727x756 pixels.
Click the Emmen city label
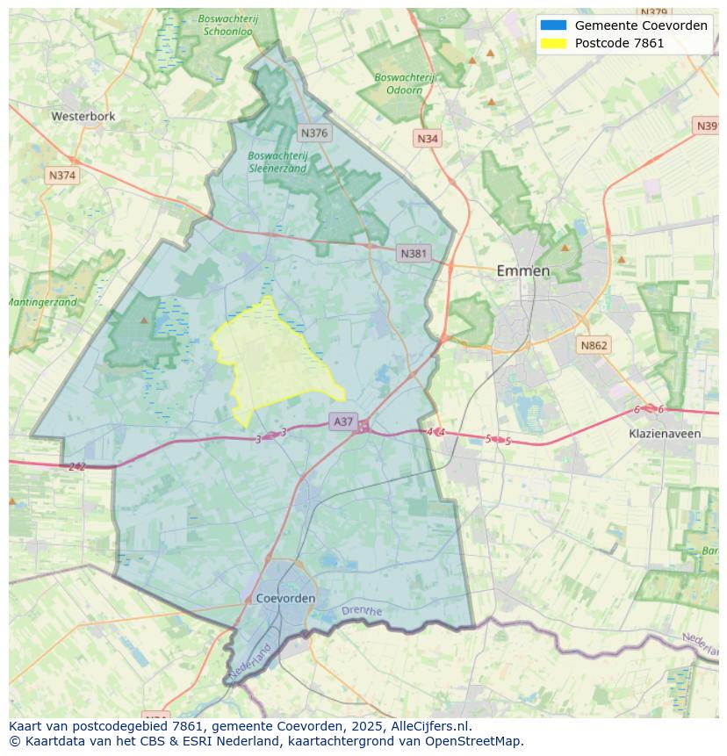click(x=522, y=270)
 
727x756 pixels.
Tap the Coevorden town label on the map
click(x=286, y=598)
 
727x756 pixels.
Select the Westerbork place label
click(x=83, y=116)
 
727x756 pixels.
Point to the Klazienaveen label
click(x=665, y=434)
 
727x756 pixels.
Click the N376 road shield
click(x=313, y=133)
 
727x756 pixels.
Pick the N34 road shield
click(x=427, y=139)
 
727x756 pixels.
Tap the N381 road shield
click(x=413, y=254)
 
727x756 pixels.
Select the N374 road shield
click(x=62, y=176)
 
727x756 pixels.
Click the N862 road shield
click(x=594, y=345)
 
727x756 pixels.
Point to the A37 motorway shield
click(x=342, y=422)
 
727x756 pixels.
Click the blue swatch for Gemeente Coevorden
click(x=553, y=25)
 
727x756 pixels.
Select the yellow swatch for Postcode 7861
click(x=553, y=43)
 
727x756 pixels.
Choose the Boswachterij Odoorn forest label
click(x=404, y=83)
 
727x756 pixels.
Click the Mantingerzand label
click(x=42, y=302)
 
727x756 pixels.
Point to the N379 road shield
click(x=654, y=12)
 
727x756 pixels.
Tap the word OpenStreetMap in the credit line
click(x=474, y=741)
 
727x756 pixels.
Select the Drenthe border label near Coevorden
click(x=361, y=611)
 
